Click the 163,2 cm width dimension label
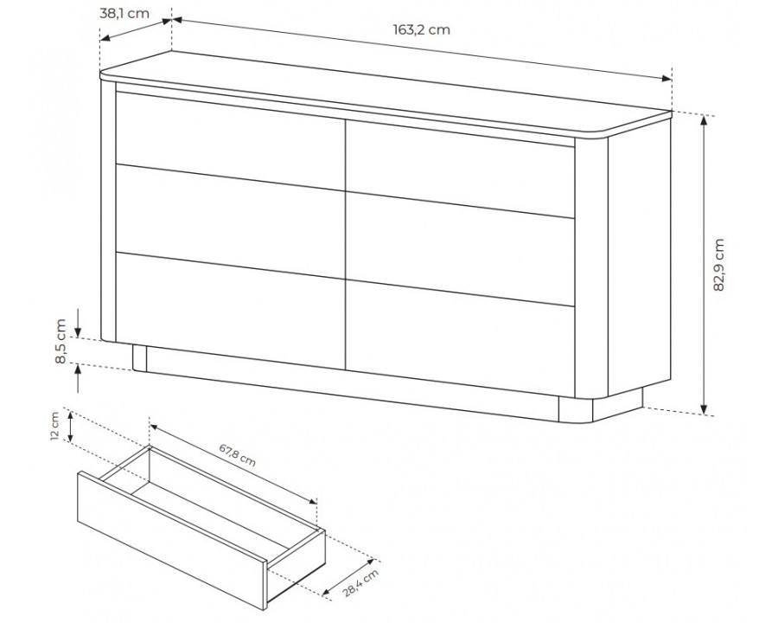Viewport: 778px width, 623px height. coord(422,29)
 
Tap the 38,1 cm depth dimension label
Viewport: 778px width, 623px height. coord(124,14)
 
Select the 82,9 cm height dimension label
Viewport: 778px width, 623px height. coord(719,265)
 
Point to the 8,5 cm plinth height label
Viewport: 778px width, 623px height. coord(61,341)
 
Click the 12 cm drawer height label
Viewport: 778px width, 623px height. coord(55,426)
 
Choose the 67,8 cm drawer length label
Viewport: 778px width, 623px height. coord(238,455)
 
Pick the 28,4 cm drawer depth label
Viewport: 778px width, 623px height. coord(360,582)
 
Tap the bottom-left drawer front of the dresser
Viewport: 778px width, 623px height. coord(230,311)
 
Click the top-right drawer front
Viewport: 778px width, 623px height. coord(460,169)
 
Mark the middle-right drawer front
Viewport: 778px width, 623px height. coord(460,248)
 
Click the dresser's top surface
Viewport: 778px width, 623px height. coord(385,92)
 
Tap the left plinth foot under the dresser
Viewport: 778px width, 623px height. coord(139,357)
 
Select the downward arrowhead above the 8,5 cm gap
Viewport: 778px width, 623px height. coord(79,330)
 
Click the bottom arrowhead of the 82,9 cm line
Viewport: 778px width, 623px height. coord(704,408)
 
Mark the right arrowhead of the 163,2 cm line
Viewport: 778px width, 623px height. coord(666,79)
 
